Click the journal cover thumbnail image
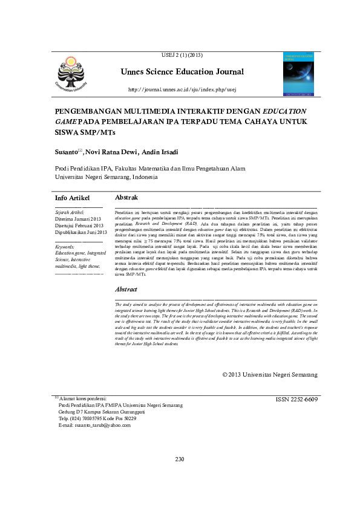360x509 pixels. pyautogui.click(x=299, y=73)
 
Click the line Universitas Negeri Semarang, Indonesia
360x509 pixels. pyautogui.click(x=106, y=177)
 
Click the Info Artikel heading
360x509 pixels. pyautogui.click(x=72, y=198)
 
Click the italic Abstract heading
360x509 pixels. pyautogui.click(x=126, y=290)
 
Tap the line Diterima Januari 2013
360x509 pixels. pyautogui.click(x=79, y=219)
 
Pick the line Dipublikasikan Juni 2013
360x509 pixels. pyautogui.click(x=81, y=232)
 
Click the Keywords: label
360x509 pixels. pyautogui.click(x=65, y=247)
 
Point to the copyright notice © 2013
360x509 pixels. pyautogui.click(x=270, y=375)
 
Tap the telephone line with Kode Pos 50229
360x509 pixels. pyautogui.click(x=97, y=419)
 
